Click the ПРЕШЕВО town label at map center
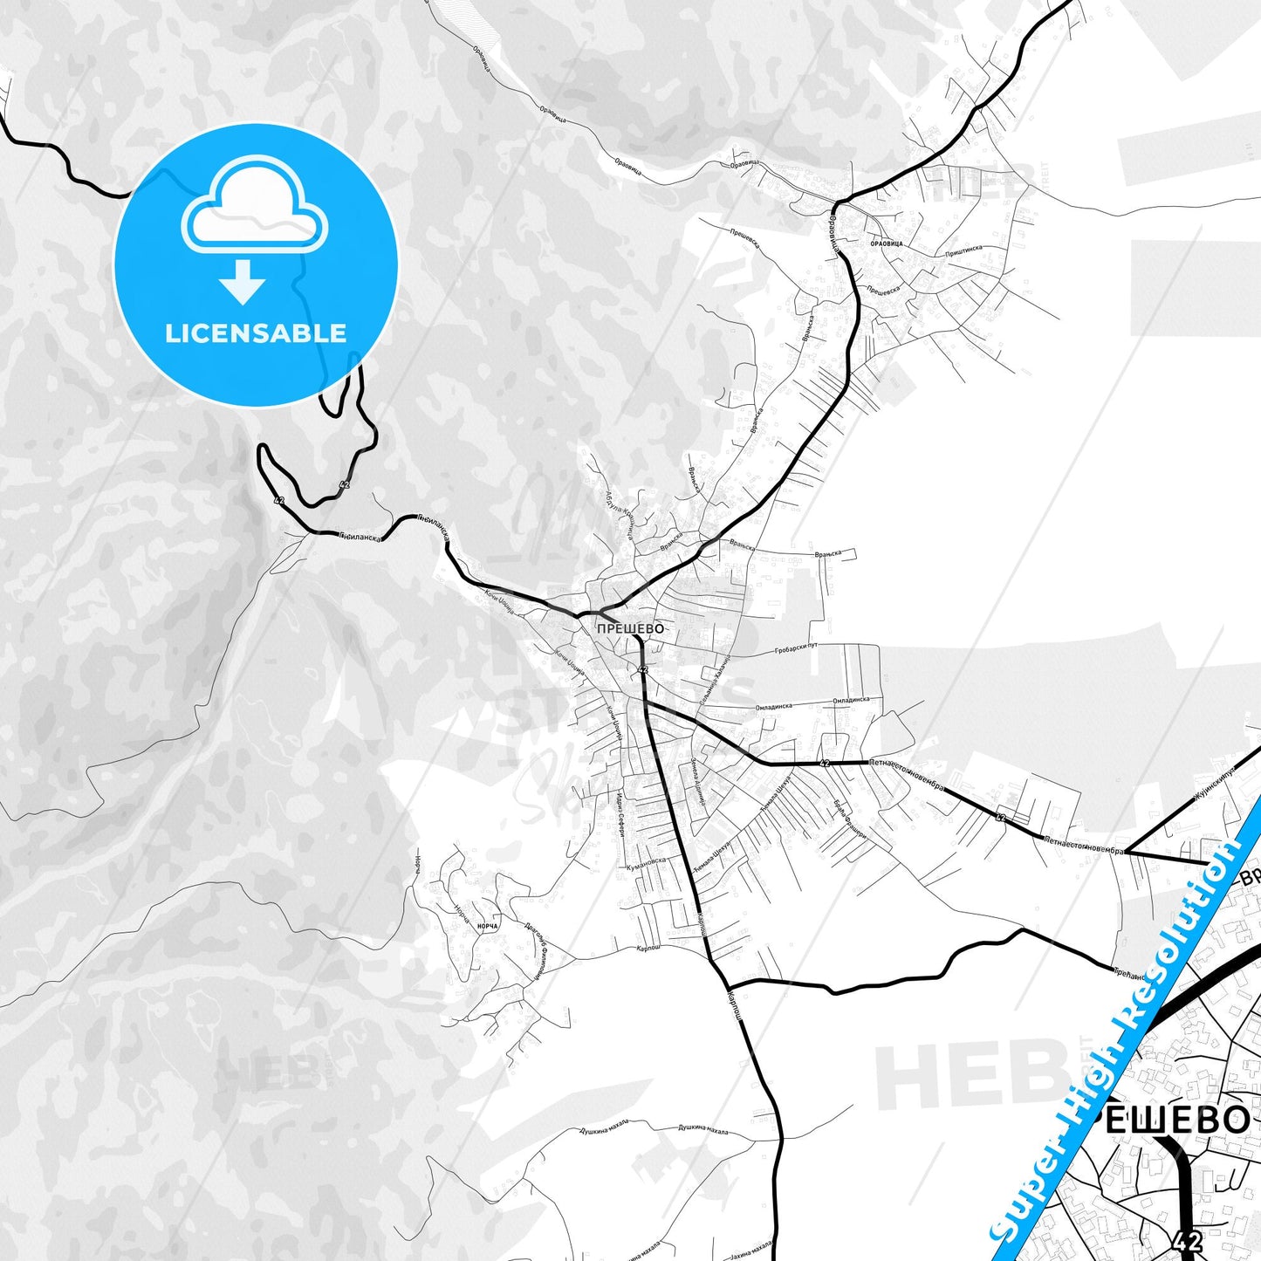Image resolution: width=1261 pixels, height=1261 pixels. point(630,628)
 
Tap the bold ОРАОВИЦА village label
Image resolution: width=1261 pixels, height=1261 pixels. point(887,243)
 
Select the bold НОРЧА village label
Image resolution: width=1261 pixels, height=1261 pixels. point(489,925)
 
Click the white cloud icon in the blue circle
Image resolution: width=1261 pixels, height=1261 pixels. point(255,207)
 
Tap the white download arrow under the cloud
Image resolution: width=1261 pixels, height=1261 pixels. point(243,281)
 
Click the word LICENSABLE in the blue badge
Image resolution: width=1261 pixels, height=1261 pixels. point(256,332)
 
